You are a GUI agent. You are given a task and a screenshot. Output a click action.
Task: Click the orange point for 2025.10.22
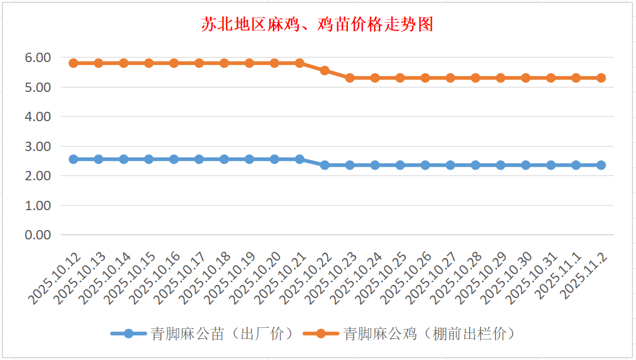325,70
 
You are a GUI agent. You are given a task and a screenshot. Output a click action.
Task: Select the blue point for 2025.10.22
325,165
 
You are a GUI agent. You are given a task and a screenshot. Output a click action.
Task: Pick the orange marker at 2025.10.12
74,63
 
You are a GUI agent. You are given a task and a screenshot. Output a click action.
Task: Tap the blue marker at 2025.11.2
601,165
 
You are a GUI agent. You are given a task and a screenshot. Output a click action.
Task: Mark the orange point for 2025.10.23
350,78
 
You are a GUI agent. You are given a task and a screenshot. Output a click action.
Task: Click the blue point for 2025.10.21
300,159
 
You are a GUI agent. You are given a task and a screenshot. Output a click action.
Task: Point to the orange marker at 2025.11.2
601,78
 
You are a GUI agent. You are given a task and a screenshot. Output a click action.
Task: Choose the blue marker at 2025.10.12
74,159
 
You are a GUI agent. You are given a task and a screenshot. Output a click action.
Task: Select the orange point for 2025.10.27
450,78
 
